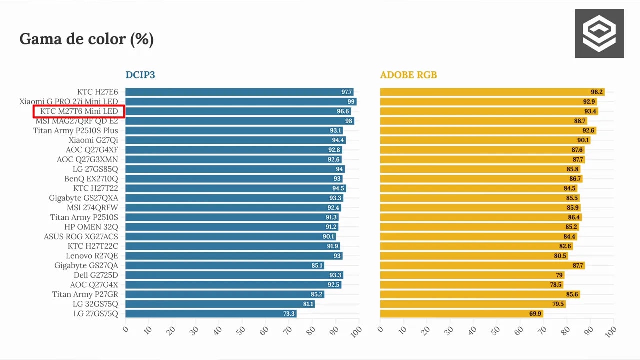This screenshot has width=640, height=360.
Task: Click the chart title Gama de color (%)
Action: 87,39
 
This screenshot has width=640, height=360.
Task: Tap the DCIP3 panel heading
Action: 140,75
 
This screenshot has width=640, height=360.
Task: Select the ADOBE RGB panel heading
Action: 408,75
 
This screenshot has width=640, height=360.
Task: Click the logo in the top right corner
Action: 599,33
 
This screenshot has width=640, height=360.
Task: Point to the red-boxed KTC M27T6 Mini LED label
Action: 79,111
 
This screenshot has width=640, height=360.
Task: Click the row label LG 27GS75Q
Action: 96,313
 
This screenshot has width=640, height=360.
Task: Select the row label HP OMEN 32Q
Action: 91,227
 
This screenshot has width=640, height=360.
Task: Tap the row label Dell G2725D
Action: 96,275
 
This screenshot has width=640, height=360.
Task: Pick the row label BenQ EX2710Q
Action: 91,179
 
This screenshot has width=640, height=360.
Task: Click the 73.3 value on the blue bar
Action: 289,313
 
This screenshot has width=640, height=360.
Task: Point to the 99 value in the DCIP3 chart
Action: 351,101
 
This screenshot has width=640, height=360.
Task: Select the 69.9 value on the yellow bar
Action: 535,313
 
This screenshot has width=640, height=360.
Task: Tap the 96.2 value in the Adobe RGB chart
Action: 597,92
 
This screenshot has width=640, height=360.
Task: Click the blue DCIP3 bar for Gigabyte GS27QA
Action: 225,265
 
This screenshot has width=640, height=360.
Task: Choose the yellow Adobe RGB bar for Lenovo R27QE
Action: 474,256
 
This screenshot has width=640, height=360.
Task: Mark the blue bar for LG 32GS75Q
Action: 220,304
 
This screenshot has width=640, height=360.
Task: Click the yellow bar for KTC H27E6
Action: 492,92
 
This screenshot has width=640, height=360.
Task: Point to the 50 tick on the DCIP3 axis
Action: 241,330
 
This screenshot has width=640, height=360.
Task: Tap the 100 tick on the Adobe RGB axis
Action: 611,332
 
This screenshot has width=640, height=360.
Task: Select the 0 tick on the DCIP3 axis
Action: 125,329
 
